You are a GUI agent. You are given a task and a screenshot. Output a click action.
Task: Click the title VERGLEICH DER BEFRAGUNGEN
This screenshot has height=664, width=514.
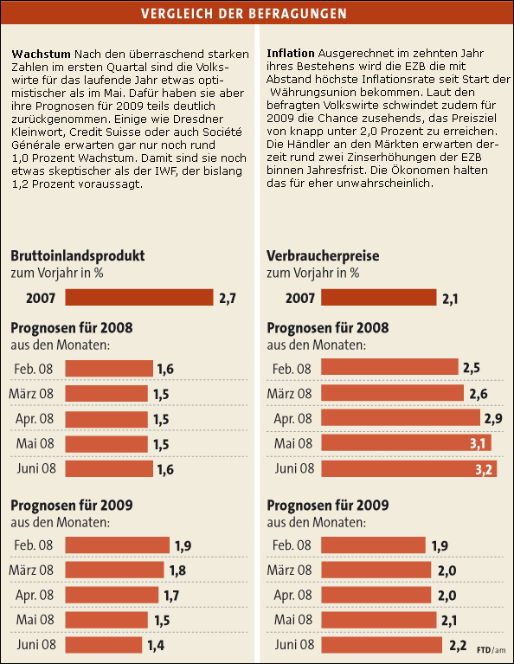(x=256, y=14)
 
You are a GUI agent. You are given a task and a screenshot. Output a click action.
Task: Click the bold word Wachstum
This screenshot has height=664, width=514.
(x=40, y=55)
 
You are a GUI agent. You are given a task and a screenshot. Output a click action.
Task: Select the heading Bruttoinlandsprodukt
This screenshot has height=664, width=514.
(x=77, y=256)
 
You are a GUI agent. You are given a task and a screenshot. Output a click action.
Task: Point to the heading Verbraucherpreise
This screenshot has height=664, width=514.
(x=323, y=256)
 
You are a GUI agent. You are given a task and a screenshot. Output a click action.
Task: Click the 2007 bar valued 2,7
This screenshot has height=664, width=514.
(x=138, y=298)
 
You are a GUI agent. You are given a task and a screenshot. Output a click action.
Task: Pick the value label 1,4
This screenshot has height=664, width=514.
(x=156, y=645)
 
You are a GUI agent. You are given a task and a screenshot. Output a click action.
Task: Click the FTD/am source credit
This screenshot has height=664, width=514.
(x=492, y=649)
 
